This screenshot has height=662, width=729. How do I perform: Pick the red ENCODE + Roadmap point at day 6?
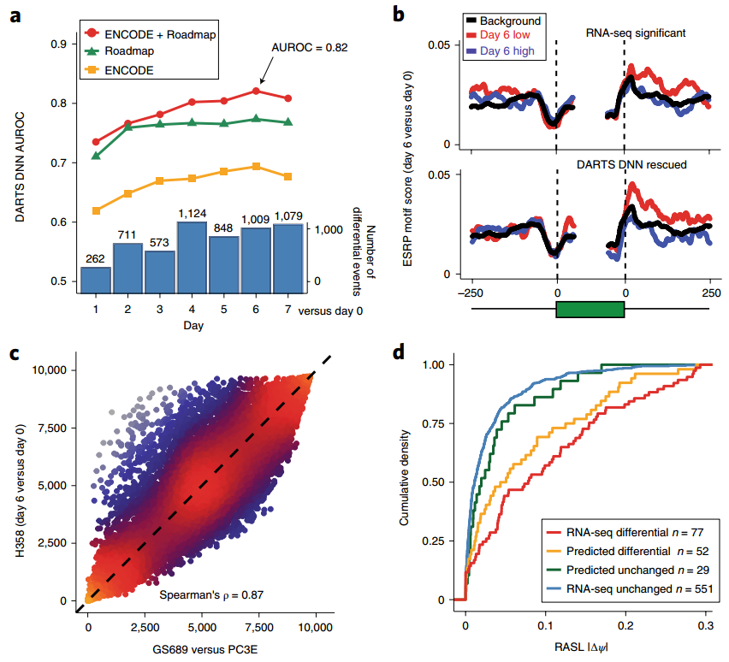[256, 92]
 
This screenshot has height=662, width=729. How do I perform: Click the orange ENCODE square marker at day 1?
[96, 210]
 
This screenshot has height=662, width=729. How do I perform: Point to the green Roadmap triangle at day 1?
[96, 156]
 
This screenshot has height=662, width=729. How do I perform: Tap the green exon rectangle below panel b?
[590, 310]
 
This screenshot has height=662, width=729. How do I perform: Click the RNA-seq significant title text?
[636, 33]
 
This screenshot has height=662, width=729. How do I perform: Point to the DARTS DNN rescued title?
[636, 163]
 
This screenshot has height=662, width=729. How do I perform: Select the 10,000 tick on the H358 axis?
[53, 369]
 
